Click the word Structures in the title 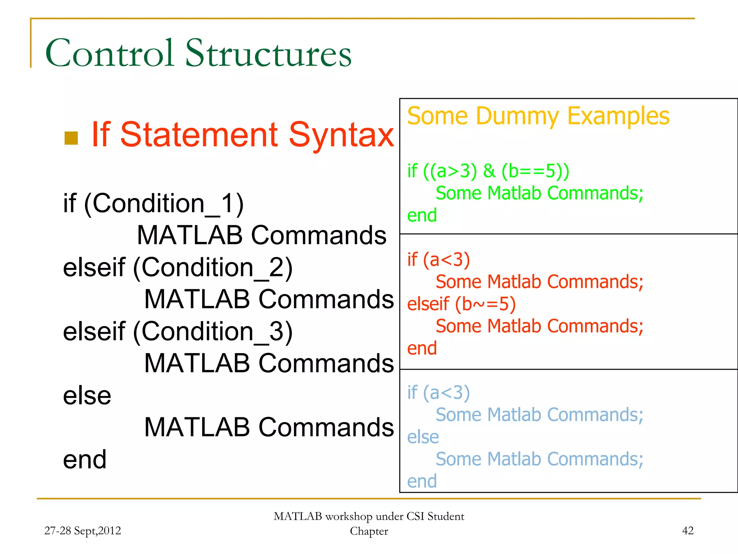click(x=268, y=53)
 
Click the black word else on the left click(x=87, y=396)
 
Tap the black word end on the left click(x=85, y=460)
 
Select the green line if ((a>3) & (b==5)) click(x=488, y=171)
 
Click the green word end click(x=422, y=215)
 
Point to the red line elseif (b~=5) click(x=461, y=304)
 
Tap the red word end click(x=422, y=348)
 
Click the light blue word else click(x=423, y=437)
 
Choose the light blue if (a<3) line click(x=438, y=393)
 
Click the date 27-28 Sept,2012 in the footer click(x=83, y=531)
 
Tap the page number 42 click(x=688, y=531)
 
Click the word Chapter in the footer click(x=369, y=531)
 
